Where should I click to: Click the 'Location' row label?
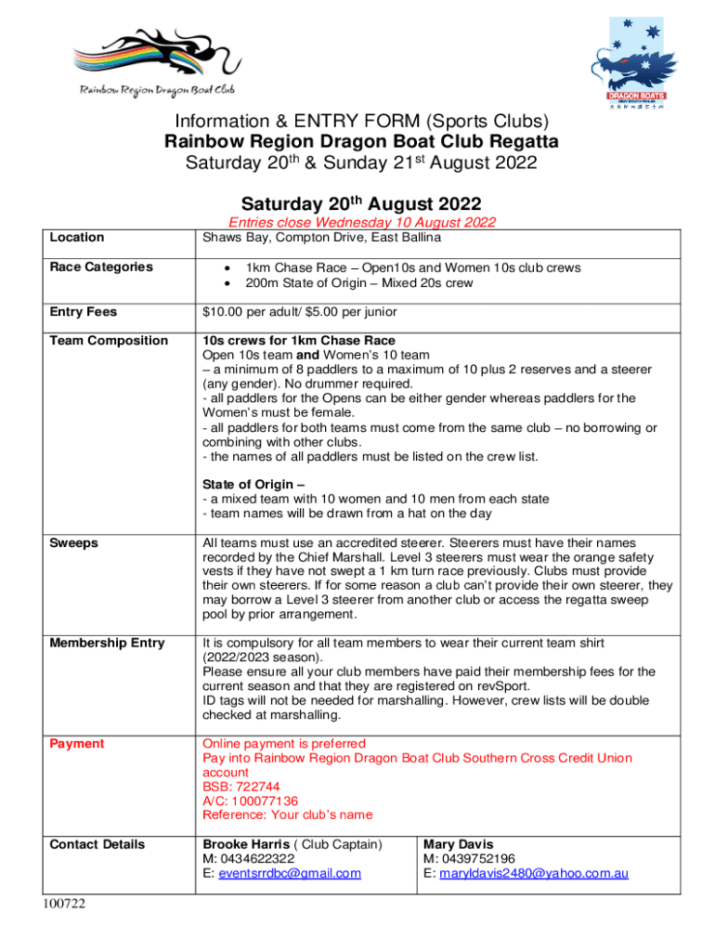coord(76,238)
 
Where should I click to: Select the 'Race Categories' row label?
coord(101,267)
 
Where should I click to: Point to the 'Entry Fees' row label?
coord(83,312)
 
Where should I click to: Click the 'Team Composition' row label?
coord(109,341)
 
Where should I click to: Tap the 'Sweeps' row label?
coord(73,542)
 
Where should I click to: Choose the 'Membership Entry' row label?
coord(107,643)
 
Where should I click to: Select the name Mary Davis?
coord(459,844)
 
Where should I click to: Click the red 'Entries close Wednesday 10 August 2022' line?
coord(361,223)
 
